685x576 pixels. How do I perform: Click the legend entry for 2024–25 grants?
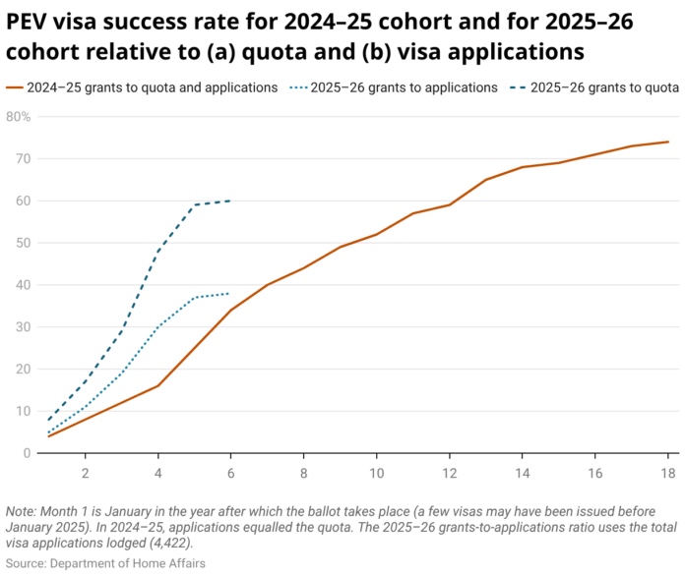142,87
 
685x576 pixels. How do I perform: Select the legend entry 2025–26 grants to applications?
394,87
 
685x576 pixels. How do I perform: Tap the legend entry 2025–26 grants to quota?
594,87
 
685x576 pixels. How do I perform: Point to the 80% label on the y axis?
19,117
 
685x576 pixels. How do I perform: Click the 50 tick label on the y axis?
24,243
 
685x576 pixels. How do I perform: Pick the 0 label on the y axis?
28,453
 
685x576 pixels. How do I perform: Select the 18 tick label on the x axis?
668,473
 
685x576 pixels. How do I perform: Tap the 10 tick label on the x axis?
377,473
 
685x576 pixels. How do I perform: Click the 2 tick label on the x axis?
86,473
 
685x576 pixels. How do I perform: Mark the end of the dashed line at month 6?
230,201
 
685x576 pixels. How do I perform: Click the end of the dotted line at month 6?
229,293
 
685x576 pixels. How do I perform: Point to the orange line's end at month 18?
668,142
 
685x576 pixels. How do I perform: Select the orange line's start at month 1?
48,436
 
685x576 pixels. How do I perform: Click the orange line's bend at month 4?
157,385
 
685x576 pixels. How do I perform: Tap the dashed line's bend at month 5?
195,204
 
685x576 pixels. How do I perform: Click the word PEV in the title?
27,22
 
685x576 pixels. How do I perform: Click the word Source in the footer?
26,563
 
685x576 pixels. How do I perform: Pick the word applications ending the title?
516,52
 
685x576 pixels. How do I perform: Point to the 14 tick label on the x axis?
522,473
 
